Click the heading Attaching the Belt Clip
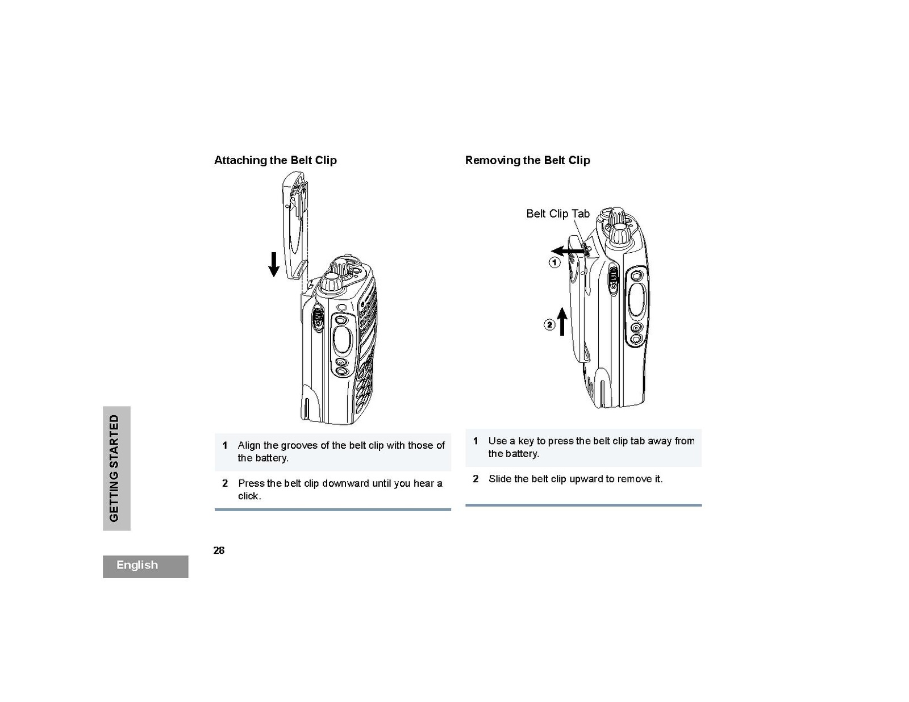coord(275,160)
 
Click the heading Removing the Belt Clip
coord(527,160)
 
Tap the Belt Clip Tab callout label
coord(557,214)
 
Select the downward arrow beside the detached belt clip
coord(274,264)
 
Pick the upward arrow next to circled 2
coord(562,321)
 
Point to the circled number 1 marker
coord(554,262)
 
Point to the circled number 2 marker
coord(549,325)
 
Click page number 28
coord(219,550)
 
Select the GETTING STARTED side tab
coord(116,468)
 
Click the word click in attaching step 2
coord(249,496)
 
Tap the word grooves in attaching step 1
coord(299,445)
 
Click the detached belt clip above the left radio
coord(295,227)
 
